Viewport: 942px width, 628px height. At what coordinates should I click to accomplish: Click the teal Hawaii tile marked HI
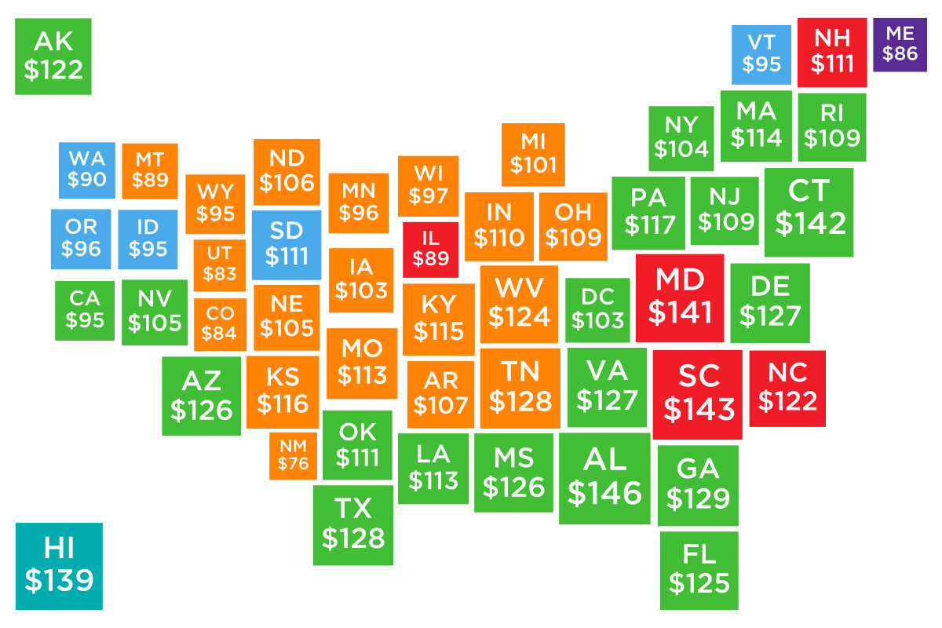pos(59,566)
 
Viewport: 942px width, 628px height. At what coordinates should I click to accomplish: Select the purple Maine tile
pos(900,44)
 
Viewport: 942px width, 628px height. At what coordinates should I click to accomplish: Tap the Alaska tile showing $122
pos(53,57)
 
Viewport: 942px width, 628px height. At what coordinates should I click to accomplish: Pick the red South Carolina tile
pos(697,394)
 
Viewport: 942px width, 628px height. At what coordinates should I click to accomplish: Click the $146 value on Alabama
pos(604,493)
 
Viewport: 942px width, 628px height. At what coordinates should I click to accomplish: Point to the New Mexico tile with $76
pos(294,455)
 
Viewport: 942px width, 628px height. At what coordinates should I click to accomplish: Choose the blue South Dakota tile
pos(287,244)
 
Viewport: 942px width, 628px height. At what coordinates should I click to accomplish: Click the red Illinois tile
pos(430,250)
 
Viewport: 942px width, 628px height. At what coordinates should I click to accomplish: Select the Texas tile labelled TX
pos(353,525)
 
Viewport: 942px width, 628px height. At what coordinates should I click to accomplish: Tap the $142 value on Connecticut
pos(810,223)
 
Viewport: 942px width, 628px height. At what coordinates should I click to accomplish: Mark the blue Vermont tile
pos(761,54)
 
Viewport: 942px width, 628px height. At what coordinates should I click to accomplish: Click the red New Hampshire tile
pos(832,52)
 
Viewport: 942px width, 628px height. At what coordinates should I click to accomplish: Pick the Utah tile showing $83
pos(219,265)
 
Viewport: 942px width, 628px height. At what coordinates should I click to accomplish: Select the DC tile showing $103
pos(597,310)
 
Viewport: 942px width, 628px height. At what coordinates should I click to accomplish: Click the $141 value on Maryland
pos(680,312)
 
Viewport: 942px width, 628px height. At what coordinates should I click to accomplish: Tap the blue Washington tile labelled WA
pos(87,170)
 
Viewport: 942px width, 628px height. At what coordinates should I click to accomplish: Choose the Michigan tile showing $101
pos(533,154)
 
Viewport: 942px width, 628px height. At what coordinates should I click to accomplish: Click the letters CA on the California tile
pos(84,298)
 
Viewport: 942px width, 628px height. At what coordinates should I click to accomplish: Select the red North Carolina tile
pos(787,389)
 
